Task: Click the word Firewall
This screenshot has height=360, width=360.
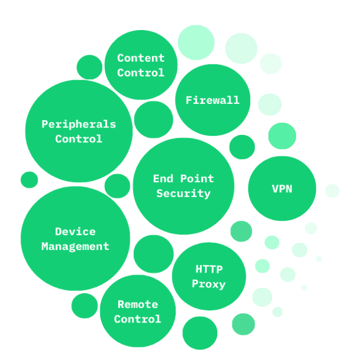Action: pos(212,100)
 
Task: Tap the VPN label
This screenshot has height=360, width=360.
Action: pos(282,189)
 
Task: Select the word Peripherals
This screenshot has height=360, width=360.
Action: pos(79,124)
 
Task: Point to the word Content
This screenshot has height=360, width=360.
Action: pos(141,58)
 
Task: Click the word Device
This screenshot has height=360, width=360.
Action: pos(75,231)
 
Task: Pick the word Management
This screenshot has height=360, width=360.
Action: pos(75,246)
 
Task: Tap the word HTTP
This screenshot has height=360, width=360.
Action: pos(209,269)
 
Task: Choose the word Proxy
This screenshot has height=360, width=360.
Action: pos(209,284)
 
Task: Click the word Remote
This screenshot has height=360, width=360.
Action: pos(138,304)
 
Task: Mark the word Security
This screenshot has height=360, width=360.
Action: pos(183,193)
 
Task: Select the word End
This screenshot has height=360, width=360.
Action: pos(163,179)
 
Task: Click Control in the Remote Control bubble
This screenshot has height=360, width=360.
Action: pos(138,319)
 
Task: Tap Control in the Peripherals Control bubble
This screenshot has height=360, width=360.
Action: pos(79,139)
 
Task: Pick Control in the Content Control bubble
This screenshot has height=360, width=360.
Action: pos(141,73)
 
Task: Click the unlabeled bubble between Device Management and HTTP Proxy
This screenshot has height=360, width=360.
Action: pos(153,254)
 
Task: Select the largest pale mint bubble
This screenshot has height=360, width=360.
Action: pos(196,42)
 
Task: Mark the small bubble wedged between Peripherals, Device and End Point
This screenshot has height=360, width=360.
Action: pos(117,186)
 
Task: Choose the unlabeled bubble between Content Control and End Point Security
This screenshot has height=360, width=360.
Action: pos(153,120)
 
